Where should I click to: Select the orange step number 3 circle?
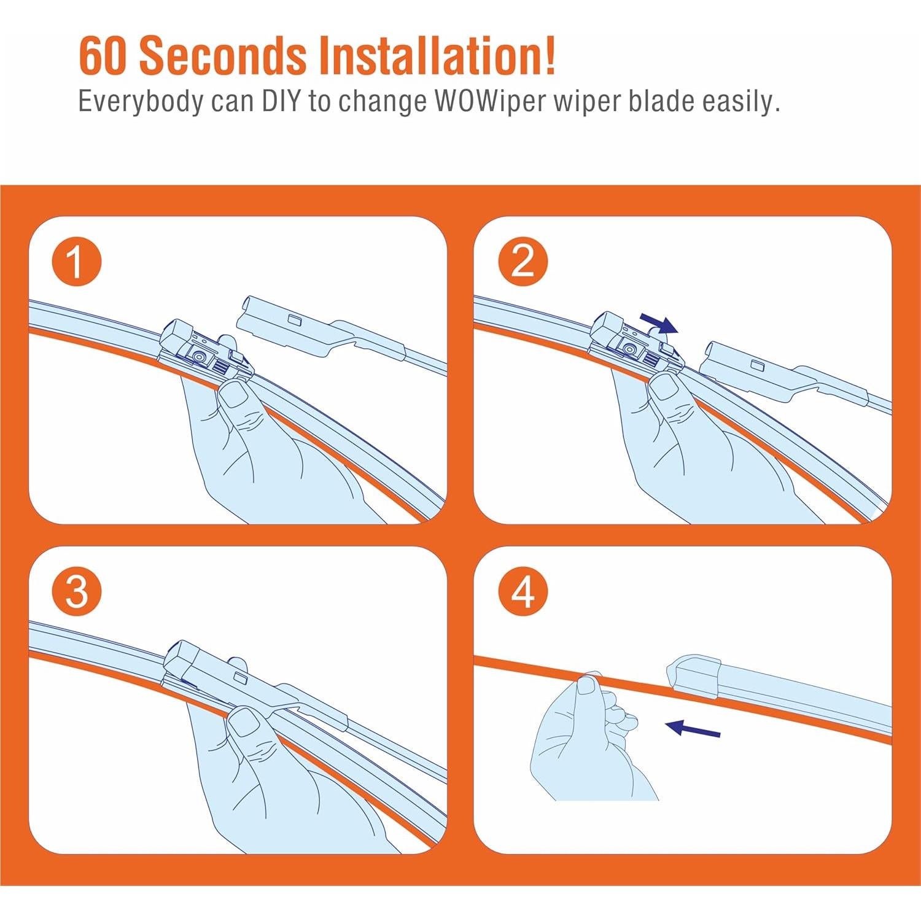click(x=77, y=592)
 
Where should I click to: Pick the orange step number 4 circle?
click(x=523, y=592)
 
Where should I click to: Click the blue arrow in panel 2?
click(x=659, y=323)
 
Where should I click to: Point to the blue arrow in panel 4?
click(x=693, y=729)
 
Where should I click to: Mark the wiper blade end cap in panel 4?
click(x=694, y=676)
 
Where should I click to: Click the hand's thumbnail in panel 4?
click(x=587, y=684)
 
